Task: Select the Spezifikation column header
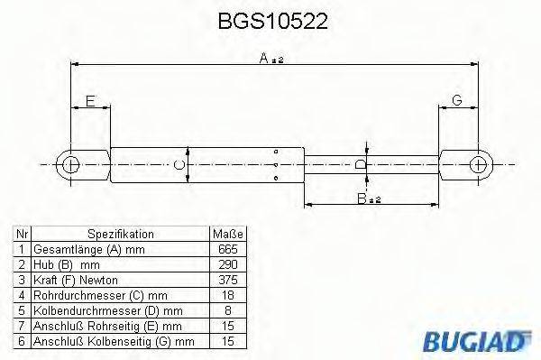click(x=120, y=233)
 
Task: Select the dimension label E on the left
click(x=89, y=100)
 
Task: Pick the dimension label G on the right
click(x=457, y=100)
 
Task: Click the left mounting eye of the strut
click(x=71, y=164)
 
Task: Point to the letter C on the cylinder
click(x=179, y=165)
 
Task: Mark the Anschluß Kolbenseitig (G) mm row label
click(x=113, y=341)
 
